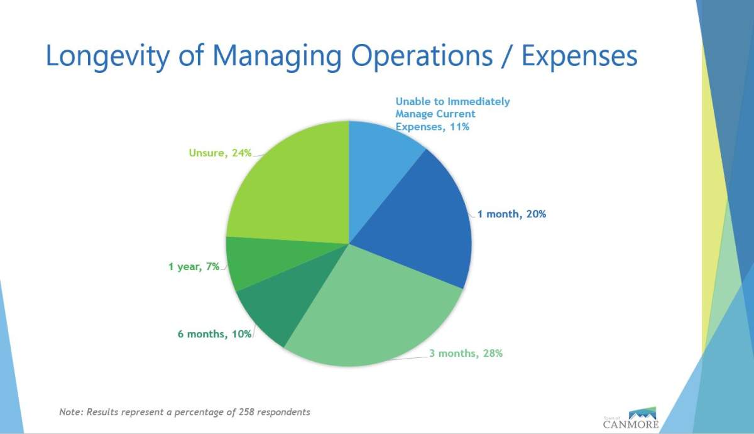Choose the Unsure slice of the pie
click(x=289, y=188)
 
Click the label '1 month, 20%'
click(x=511, y=214)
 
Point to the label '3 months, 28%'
click(x=466, y=353)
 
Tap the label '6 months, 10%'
click(x=214, y=334)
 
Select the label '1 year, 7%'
click(x=194, y=266)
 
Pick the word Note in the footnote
click(x=71, y=412)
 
